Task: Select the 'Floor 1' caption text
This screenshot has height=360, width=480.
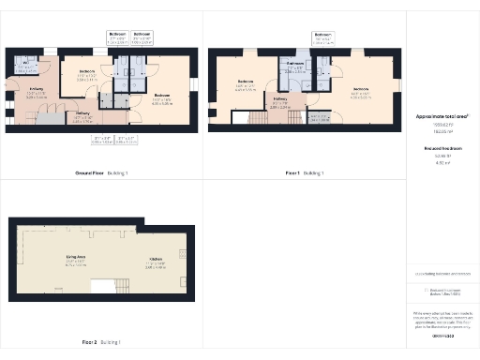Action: coord(297,173)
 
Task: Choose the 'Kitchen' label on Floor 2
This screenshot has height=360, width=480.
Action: coord(156,264)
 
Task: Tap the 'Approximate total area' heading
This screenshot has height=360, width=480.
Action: coord(442,115)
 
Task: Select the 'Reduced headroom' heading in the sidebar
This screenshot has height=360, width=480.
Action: coord(442,147)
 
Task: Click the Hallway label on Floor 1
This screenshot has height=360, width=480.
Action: coord(281,104)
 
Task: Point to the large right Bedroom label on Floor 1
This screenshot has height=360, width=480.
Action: coord(361,92)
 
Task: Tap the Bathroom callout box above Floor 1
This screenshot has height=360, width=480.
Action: coord(323,38)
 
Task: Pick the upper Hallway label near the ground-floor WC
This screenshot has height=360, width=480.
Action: coord(37,91)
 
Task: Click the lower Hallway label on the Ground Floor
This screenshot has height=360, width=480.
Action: coord(82,116)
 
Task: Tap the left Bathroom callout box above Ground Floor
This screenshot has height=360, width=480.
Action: coord(117,38)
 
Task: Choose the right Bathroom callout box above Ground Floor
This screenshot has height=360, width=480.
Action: coord(142,38)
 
